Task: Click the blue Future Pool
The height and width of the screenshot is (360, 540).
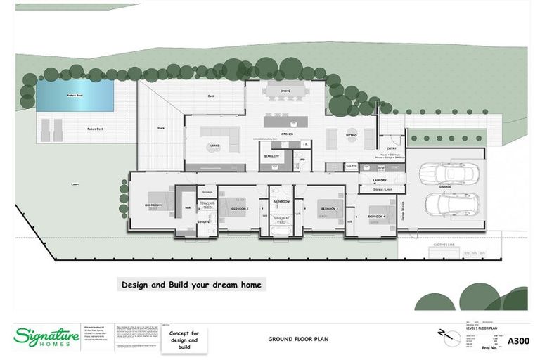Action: click(75, 94)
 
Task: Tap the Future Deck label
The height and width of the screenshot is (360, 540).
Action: click(95, 129)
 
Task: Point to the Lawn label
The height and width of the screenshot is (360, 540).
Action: click(75, 184)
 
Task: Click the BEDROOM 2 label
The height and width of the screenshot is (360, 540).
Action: click(239, 209)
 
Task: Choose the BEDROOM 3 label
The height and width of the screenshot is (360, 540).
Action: click(329, 209)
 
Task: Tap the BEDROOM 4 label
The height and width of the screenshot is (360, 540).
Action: click(376, 217)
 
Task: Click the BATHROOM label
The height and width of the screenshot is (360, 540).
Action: click(281, 202)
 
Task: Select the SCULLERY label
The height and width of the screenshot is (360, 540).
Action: click(271, 156)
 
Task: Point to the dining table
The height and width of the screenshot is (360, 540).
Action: click(285, 90)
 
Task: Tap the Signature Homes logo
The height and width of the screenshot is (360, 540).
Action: click(41, 336)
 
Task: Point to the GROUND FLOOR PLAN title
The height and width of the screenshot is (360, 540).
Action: click(297, 339)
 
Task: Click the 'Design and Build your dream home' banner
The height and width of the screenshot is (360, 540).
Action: click(191, 285)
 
